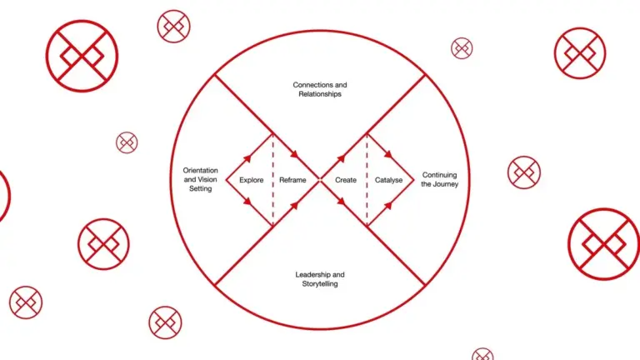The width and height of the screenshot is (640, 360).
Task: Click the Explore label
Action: tap(252, 180)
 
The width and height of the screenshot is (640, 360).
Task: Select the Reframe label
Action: tap(292, 180)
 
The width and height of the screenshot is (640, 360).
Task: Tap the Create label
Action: tap(346, 180)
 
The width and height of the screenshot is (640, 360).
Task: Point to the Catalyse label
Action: tap(388, 180)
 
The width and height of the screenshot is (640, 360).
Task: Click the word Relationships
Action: tap(320, 94)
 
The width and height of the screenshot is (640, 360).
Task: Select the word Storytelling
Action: tap(320, 283)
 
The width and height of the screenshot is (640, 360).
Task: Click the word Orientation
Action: tap(200, 170)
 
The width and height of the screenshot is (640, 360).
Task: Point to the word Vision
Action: tap(207, 179)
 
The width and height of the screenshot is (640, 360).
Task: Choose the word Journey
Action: tap(445, 184)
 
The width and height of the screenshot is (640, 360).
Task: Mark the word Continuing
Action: tap(440, 175)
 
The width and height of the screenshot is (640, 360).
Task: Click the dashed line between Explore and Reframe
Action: tap(272, 180)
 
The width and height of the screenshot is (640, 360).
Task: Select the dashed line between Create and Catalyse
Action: tap(367, 180)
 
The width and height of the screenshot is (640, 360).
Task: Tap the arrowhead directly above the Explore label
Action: tap(247, 158)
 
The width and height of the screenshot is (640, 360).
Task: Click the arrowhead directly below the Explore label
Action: tap(247, 201)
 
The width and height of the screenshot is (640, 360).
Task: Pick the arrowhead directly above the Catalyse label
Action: tap(388, 155)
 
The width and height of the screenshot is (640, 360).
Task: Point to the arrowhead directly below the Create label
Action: tap(341, 201)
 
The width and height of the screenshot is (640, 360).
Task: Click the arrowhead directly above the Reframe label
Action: tap(294, 155)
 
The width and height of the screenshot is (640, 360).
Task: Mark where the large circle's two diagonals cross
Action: tap(320, 180)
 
